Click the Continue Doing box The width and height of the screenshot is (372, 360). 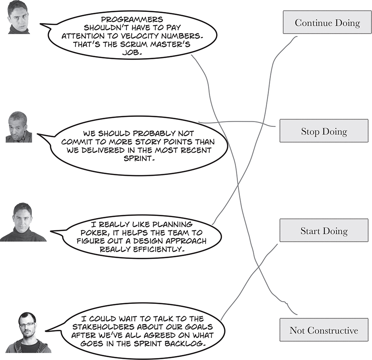(327, 23)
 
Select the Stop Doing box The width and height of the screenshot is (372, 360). (323, 131)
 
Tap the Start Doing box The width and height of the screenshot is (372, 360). (323, 231)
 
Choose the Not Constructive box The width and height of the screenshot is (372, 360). (323, 330)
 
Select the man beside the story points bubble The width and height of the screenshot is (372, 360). (19, 127)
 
